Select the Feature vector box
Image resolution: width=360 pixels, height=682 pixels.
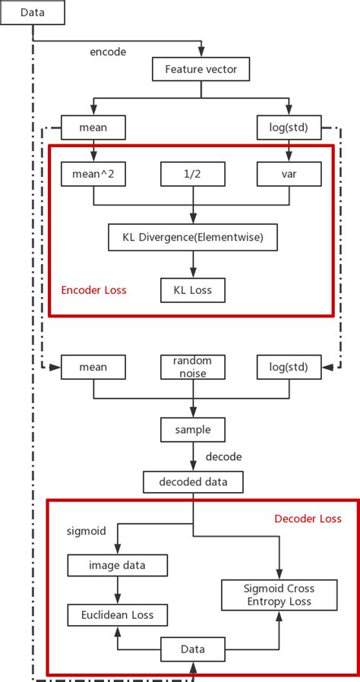[201, 71]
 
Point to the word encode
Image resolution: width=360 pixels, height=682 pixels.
[108, 52]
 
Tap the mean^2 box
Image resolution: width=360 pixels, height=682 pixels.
[93, 175]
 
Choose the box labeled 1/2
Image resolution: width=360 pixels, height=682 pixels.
[192, 175]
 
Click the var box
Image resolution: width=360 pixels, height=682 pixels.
[289, 175]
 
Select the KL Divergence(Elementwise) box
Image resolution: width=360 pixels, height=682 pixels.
[192, 238]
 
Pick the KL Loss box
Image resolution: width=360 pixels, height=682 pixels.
[192, 289]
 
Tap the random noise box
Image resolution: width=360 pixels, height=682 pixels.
[192, 367]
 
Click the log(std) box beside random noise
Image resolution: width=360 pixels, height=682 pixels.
[289, 367]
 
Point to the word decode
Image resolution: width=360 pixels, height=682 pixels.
[224, 456]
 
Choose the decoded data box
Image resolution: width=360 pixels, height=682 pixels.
[192, 482]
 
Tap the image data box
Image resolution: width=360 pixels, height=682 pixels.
[117, 565]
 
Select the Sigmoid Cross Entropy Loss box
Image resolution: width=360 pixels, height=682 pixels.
[278, 595]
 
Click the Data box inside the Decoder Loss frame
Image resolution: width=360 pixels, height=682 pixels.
[192, 649]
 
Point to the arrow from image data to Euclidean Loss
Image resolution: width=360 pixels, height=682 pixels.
[117, 589]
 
